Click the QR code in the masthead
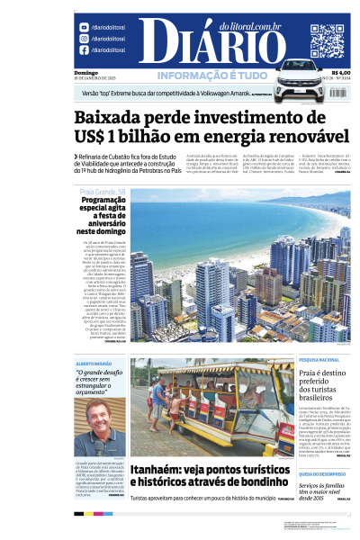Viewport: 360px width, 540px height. (x=327, y=40)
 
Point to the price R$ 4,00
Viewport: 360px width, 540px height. (x=340, y=73)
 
